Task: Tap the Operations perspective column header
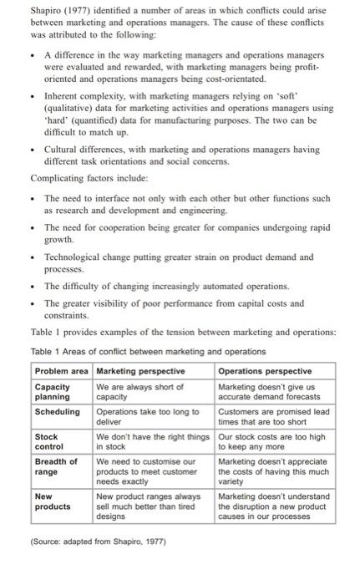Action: (x=264, y=370)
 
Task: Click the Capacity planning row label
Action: (x=53, y=390)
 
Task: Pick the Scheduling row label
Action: (x=58, y=411)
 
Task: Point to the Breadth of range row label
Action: (x=56, y=465)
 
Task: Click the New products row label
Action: (x=53, y=501)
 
